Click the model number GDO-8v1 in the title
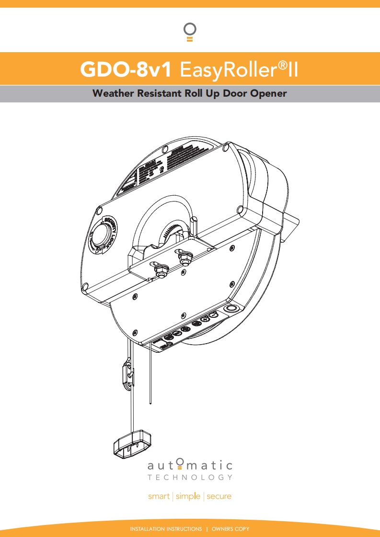click(126, 69)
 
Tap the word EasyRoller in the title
click(228, 69)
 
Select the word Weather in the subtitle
click(114, 93)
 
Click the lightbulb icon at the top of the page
click(190, 32)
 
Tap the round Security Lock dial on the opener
click(102, 236)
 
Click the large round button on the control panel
click(230, 308)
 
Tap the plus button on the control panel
click(205, 319)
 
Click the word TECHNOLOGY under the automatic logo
click(190, 477)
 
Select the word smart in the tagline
click(159, 496)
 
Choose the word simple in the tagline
click(188, 496)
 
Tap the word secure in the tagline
click(219, 496)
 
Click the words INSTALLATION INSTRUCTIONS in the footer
click(166, 529)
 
